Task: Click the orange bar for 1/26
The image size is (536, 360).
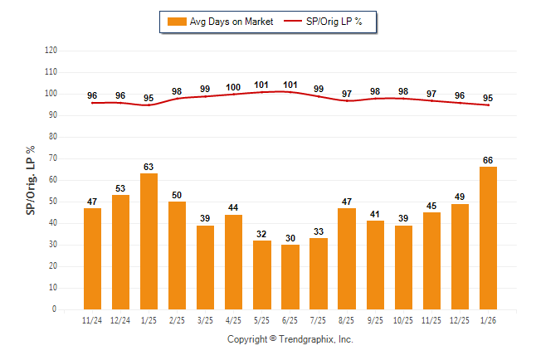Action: pos(489,238)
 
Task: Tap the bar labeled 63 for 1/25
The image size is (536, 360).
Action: pos(149,241)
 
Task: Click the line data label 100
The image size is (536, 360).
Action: pos(233,87)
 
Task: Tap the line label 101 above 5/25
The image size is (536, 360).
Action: pos(262,85)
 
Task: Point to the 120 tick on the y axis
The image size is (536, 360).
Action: pos(51,51)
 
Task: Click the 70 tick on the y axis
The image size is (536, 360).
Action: pos(53,158)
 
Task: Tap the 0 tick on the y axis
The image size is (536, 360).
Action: pos(55,309)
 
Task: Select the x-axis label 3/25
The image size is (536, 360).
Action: pos(205,319)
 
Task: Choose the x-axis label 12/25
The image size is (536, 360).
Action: pos(460,319)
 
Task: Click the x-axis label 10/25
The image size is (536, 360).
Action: pos(403,319)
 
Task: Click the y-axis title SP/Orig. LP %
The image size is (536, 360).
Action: pos(31,180)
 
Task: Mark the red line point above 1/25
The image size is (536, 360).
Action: pos(149,105)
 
